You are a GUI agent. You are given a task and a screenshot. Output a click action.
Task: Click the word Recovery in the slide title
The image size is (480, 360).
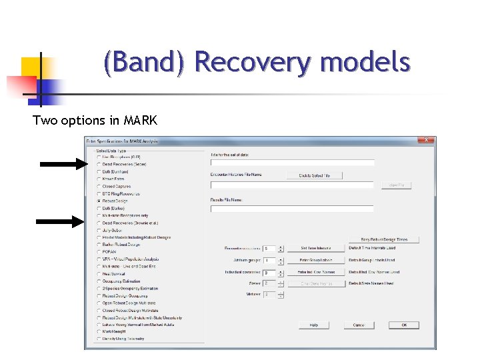[x=253, y=63]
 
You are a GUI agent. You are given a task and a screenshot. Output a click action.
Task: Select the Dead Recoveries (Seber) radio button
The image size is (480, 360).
[x=99, y=164]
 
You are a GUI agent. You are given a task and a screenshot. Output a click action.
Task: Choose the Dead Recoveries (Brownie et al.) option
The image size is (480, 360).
[x=99, y=223]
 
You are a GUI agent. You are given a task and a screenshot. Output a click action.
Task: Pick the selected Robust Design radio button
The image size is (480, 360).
[x=99, y=201]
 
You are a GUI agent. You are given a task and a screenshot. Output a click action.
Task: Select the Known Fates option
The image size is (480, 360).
[x=99, y=179]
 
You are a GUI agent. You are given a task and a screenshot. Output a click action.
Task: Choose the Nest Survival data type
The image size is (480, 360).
[x=99, y=273]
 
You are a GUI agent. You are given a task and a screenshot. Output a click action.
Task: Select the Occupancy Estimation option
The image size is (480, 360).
[x=99, y=281]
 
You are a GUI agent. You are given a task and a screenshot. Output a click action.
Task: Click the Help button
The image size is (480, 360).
[x=313, y=325]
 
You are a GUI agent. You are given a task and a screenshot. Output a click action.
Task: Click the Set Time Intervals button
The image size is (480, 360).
[x=316, y=248]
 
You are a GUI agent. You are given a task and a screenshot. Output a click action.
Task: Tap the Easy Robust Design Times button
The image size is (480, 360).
[x=389, y=239]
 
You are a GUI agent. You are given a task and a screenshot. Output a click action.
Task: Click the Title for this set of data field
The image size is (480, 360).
[x=293, y=163]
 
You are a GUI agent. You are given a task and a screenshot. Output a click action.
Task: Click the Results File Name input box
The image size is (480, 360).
[x=293, y=208]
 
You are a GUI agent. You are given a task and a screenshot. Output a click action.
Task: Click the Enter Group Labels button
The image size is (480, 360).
[x=316, y=260]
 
